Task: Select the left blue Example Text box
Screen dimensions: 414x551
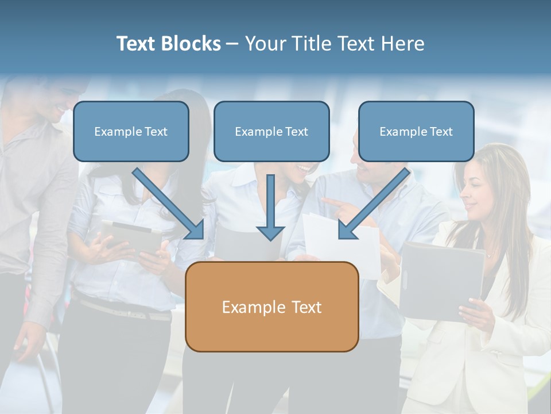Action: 131,132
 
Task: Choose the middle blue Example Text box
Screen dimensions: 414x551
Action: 271,132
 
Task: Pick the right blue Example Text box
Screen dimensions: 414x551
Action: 416,132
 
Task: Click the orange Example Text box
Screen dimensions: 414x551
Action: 271,307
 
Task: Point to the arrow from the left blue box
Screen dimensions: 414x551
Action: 169,204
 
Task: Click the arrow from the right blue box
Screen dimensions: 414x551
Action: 373,204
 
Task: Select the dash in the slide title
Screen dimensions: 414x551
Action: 232,44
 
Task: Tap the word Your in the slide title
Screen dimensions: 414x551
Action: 266,44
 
